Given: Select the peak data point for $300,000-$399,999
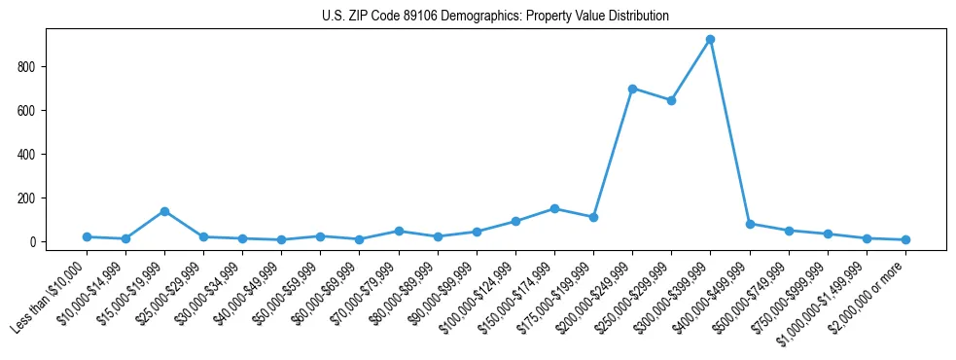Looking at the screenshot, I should (x=711, y=40).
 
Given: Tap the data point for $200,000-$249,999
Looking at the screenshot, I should (x=632, y=89).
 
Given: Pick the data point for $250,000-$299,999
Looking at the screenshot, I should (x=671, y=100).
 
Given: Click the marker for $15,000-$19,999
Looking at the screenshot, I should (x=164, y=211).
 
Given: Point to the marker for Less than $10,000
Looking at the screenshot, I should (x=87, y=236).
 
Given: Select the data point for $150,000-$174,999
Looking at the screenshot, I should (x=554, y=208).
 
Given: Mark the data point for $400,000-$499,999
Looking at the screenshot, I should (x=750, y=224).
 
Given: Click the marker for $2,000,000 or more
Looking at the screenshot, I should (x=905, y=239).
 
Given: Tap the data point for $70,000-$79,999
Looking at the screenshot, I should (x=399, y=231).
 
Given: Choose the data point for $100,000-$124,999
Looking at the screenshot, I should (x=515, y=221).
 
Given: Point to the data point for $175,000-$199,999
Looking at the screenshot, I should (x=593, y=217).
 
